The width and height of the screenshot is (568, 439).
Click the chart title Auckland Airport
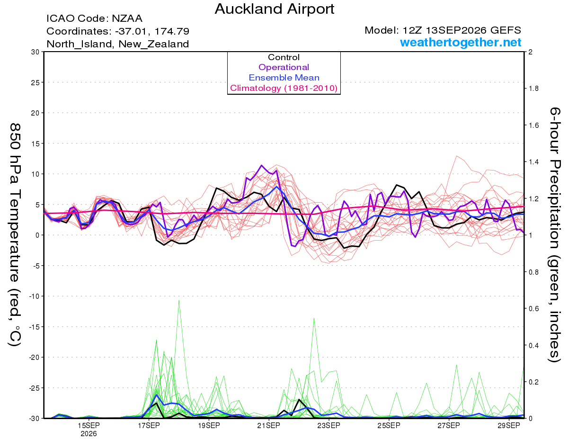coord(274,9)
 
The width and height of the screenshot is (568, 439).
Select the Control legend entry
coord(284,57)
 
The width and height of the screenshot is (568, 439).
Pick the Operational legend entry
coord(284,67)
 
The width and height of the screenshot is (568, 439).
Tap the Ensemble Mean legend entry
coord(284,78)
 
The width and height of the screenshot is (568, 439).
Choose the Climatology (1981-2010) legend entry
coord(284,88)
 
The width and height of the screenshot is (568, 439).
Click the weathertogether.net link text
coord(461,42)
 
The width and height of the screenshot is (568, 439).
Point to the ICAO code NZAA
coord(127,18)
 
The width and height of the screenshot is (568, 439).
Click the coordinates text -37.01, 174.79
coord(152,31)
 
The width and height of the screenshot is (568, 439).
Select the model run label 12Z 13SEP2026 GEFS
coord(461,30)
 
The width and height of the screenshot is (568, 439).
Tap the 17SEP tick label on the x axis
coord(149,425)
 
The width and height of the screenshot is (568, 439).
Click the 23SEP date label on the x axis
coord(329,425)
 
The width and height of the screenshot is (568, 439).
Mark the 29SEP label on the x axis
coord(509,425)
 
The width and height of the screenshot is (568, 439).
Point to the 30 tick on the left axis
coord(35,52)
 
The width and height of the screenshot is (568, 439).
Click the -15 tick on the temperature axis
coord(34,327)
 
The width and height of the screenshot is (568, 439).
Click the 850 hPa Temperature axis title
coord(15,234)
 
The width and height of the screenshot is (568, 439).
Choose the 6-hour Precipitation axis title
coord(554,234)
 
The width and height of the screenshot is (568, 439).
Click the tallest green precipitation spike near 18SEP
coord(179,300)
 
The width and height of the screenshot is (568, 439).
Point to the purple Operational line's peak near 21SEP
coord(262,165)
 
